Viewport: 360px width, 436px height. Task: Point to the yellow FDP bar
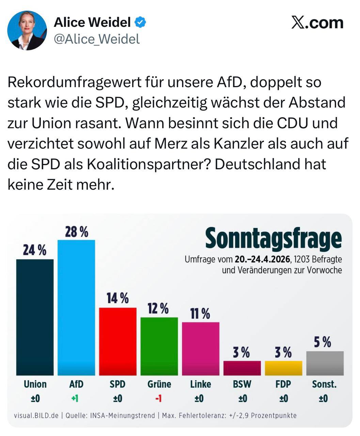283,368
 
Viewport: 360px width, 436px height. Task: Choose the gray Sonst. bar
325,363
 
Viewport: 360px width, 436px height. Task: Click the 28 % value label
77,232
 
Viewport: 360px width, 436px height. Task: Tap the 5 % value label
322,342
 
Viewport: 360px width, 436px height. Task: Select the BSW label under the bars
242,384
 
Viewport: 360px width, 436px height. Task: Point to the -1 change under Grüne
158,398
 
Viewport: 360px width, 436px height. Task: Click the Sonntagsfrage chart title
273,238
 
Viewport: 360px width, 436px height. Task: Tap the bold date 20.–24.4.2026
263,260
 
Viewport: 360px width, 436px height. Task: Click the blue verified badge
140,22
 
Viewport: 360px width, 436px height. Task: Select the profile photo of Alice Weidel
27,30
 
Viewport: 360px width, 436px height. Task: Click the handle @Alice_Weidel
97,39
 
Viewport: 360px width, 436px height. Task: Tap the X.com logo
317,23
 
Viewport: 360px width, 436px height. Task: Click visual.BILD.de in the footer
36,416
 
